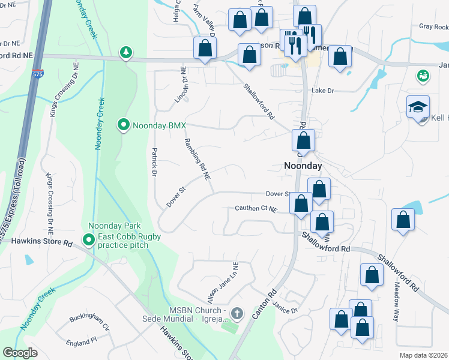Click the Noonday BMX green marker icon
coord(123,125)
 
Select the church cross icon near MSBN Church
coord(237,313)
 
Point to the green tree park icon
coord(126,53)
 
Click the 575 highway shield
coord(37,74)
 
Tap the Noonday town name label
coord(303,166)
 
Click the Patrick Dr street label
coord(154,162)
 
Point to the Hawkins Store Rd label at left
coord(42,243)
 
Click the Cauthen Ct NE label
coord(256,209)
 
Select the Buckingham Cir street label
coord(89,323)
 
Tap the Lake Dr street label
coord(322,91)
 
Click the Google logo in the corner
coord(20,353)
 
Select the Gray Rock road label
coord(433,27)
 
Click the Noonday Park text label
coord(114,226)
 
